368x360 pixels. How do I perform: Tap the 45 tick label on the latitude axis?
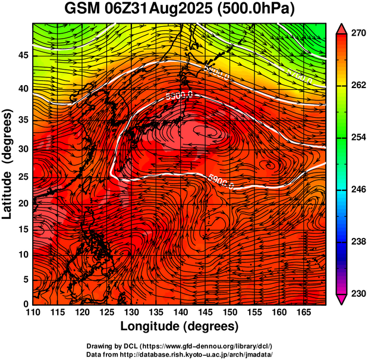pos(23,55)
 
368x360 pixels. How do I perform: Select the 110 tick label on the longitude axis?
pos(33,312)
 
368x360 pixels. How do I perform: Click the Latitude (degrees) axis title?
pos(8,164)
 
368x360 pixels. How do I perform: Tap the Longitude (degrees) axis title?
pos(180,326)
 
